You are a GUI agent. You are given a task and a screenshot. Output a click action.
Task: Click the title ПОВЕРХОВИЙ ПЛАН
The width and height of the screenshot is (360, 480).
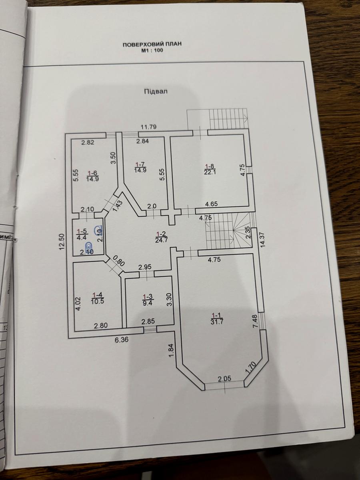tap(152, 44)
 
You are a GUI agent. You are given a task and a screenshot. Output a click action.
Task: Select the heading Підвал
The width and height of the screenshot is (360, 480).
tap(156, 91)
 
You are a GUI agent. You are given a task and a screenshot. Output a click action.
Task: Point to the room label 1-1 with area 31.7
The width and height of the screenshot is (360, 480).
tap(216, 318)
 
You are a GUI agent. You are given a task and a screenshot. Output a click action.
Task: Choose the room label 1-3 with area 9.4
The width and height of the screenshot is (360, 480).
tap(147, 300)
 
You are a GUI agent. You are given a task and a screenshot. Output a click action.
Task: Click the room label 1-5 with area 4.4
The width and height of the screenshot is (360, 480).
tap(82, 234)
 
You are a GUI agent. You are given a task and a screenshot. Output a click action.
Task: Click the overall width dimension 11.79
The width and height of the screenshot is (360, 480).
tap(148, 127)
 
